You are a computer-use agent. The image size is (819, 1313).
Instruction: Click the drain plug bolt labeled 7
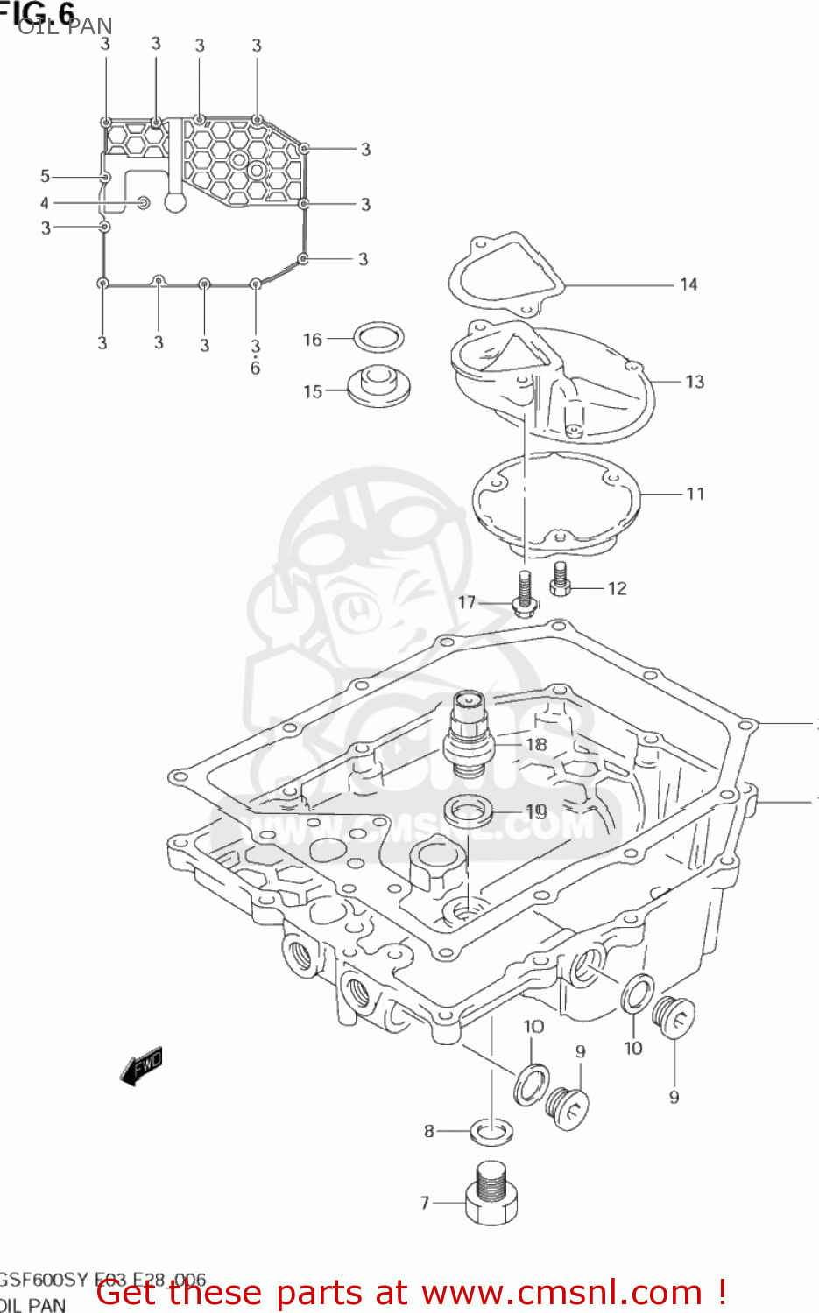(x=491, y=1194)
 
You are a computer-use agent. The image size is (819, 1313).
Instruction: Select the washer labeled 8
(x=491, y=1131)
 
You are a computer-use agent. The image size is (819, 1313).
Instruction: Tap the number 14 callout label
(x=688, y=284)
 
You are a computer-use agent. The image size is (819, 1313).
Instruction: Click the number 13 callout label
(x=694, y=382)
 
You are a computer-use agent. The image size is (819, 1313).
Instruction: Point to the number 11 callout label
(x=695, y=494)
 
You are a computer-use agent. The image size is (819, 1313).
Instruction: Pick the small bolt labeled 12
(x=561, y=579)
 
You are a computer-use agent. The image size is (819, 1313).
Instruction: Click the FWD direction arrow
(x=141, y=1066)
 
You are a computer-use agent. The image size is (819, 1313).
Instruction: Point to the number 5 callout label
(x=45, y=176)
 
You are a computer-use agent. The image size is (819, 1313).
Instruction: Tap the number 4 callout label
(x=45, y=203)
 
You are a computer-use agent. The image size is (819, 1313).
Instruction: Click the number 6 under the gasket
(x=255, y=369)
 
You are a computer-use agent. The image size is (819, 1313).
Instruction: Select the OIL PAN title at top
(x=65, y=26)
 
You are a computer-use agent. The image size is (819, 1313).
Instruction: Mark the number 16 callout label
(x=313, y=340)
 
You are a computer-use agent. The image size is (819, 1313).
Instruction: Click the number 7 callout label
(x=425, y=1203)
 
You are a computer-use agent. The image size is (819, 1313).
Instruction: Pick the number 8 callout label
(x=429, y=1131)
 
